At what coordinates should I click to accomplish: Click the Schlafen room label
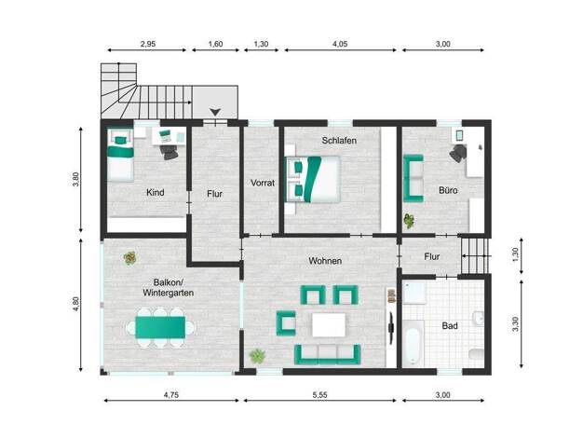[339, 141]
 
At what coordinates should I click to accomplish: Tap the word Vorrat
[263, 183]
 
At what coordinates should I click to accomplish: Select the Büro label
[448, 190]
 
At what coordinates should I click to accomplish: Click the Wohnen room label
[325, 261]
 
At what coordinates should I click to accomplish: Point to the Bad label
[450, 326]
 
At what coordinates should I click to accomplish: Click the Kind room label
[155, 192]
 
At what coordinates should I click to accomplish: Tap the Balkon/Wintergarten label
[168, 288]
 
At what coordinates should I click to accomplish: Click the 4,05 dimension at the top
[340, 44]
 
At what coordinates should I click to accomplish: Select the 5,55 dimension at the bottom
[319, 395]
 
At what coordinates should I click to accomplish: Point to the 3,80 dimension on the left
[75, 179]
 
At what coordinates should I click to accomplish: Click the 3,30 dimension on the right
[515, 324]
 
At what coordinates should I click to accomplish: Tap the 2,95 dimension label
[147, 44]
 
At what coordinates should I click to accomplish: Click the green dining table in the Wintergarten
[160, 327]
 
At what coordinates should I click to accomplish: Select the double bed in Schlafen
[313, 179]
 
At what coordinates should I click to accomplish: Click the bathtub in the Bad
[414, 343]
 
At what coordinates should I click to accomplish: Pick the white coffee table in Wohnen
[329, 325]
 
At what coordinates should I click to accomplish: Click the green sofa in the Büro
[414, 178]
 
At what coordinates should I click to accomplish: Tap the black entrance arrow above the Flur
[215, 112]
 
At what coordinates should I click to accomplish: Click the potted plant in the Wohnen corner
[257, 356]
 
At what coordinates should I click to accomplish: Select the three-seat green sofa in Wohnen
[328, 355]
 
